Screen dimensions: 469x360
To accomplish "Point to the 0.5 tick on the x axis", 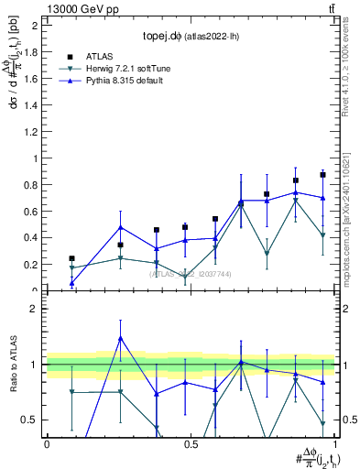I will pos(190,443).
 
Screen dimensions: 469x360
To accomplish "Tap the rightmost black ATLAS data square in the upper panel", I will pos(322,174).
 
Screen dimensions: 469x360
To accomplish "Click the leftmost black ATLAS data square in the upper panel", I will pos(71,258).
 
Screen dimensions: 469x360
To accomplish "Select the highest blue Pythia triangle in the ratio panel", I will pos(120,338).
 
